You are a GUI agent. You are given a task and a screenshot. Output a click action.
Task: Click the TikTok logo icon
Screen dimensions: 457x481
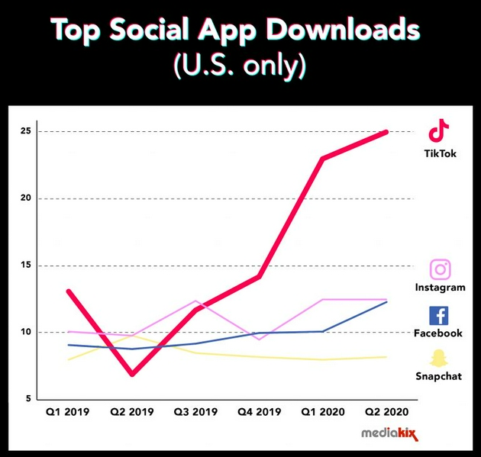(438, 130)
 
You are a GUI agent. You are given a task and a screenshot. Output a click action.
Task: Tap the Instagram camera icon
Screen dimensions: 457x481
(440, 269)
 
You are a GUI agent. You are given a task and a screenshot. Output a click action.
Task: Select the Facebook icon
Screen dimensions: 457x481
(439, 315)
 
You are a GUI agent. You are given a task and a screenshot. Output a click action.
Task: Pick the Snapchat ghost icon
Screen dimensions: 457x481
(438, 359)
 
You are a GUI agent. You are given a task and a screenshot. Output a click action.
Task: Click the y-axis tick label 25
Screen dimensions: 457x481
(25, 131)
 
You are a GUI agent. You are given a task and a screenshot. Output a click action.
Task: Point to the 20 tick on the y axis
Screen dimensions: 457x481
(25, 198)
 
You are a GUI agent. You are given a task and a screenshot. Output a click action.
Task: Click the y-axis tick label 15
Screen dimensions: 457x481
(25, 266)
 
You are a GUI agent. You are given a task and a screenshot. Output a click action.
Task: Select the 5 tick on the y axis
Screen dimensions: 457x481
(27, 399)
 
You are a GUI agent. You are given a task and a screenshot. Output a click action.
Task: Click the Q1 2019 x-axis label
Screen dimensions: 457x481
(68, 413)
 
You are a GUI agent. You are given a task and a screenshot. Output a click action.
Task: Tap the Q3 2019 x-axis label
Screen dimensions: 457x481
(195, 413)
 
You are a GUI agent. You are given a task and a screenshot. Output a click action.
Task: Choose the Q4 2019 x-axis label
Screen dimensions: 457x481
(259, 413)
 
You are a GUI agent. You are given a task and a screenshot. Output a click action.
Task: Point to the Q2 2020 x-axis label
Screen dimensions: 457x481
(386, 413)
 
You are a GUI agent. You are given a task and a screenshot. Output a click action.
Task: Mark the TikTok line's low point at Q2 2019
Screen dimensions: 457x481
(132, 375)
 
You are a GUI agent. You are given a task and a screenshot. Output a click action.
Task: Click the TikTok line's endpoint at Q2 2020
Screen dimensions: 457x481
(386, 132)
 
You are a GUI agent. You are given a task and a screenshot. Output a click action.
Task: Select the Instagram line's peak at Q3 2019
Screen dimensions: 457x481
(195, 301)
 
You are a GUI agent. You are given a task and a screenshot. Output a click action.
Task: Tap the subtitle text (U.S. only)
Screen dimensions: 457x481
(240, 66)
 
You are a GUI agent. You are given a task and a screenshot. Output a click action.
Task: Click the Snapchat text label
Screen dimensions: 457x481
(438, 376)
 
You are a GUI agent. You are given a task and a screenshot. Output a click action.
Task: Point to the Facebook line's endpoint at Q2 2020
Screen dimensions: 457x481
(386, 302)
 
